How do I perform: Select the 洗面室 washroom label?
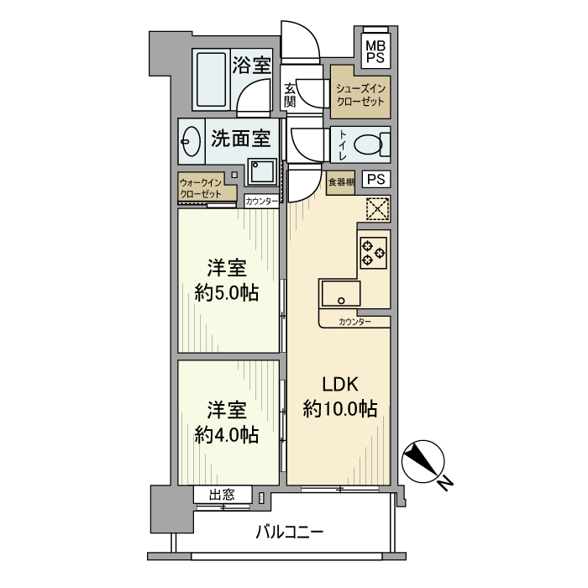pos(239,139)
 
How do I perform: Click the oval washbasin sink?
pos(191,143)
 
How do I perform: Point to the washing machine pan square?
pos(262,173)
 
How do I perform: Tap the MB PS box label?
pos(375,51)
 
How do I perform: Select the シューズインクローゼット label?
pos(360,94)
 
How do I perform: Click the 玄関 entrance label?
pos(290,94)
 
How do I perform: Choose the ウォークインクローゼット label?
pos(200,187)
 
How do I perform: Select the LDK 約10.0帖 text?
pos(339,396)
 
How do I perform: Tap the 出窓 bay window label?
pos(222,496)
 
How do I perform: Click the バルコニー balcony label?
pos(289,533)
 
